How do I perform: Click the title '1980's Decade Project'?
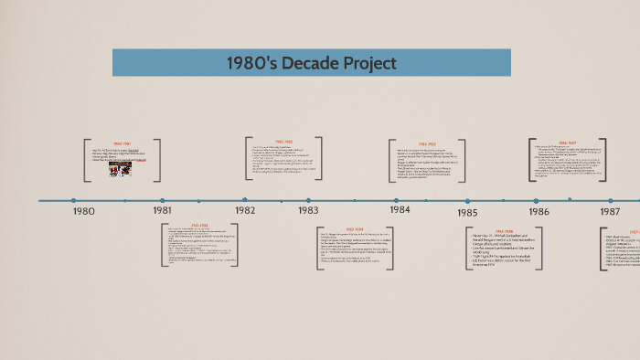click(312, 63)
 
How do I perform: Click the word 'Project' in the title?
click(365, 63)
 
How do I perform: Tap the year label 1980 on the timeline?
click(83, 211)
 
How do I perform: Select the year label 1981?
click(162, 211)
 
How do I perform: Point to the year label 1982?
click(244, 210)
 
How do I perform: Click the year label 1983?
click(308, 210)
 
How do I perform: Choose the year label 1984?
click(400, 209)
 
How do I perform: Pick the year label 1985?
click(467, 213)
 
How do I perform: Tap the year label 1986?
click(539, 212)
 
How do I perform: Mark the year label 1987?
click(610, 211)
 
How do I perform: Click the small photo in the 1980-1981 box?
click(121, 168)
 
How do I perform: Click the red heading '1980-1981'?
click(123, 143)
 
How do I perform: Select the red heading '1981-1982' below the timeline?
click(198, 225)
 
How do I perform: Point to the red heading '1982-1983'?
click(283, 142)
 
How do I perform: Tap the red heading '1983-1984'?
click(356, 229)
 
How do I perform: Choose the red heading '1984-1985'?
click(426, 144)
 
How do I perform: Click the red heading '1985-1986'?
click(504, 232)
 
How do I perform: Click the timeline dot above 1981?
click(162, 200)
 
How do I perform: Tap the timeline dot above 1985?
click(467, 201)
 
